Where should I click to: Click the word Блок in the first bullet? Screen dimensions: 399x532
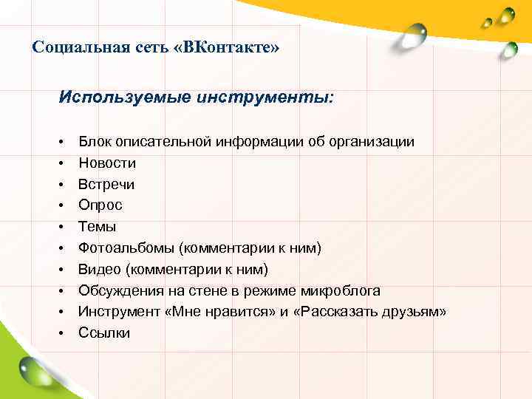tap(93, 141)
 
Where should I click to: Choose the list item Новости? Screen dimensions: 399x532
tap(107, 163)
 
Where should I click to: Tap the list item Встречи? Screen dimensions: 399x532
tap(106, 184)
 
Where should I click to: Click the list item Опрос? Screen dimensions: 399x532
tap(100, 205)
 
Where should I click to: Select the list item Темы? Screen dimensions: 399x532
tap(98, 227)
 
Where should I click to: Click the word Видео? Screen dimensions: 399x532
tap(98, 269)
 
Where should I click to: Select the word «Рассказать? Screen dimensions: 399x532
tap(337, 312)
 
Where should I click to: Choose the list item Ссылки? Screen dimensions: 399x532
tap(104, 333)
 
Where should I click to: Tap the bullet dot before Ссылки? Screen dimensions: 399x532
tap(65, 334)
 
